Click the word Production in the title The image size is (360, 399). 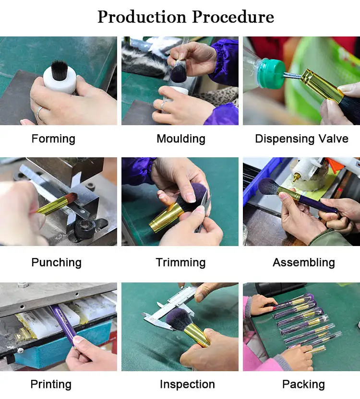point(142,17)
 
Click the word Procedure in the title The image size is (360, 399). point(233,17)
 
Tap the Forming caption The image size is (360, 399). point(53,139)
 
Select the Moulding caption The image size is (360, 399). point(181,139)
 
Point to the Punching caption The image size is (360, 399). point(56,263)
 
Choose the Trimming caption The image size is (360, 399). point(180,263)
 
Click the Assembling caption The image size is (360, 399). point(304,263)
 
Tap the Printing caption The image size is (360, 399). point(51,385)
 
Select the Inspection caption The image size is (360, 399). point(187,385)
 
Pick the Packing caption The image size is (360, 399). point(303,385)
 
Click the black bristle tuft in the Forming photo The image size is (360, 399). point(60,70)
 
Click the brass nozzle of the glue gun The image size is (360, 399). point(295,176)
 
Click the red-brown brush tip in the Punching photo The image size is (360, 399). point(71,197)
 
